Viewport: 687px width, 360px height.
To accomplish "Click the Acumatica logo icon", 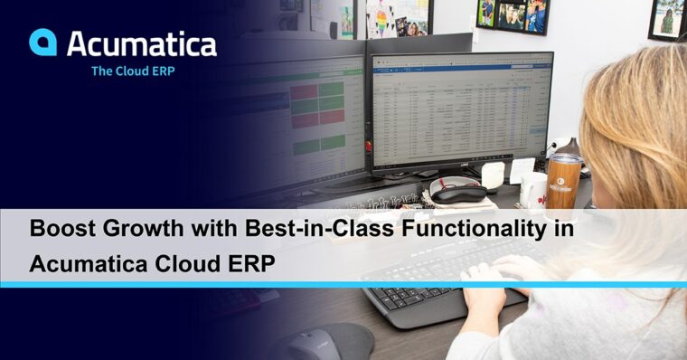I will (43, 42).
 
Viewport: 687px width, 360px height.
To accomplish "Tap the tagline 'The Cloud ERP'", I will (133, 71).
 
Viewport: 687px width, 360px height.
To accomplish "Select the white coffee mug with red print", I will (534, 188).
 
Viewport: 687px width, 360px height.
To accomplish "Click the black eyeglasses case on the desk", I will (456, 189).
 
